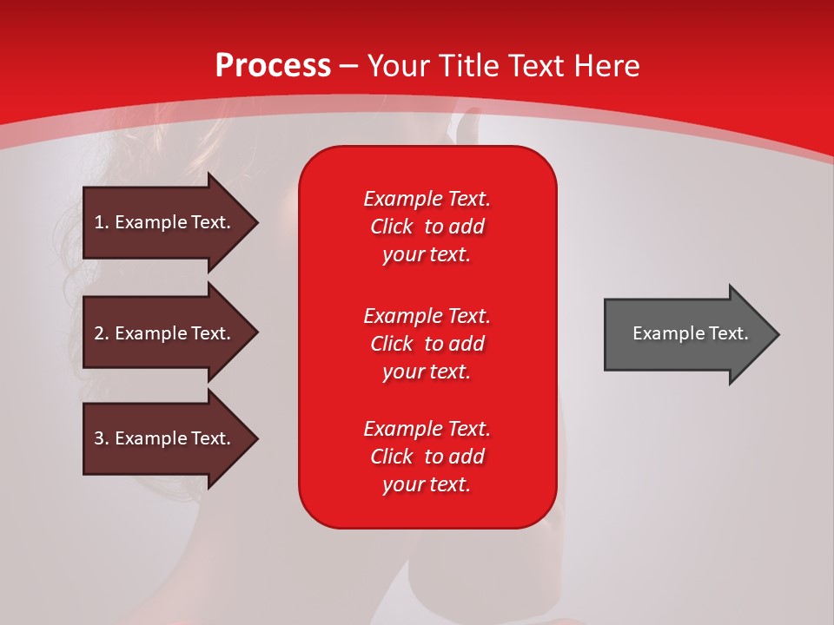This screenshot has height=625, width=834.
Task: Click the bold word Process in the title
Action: tap(273, 66)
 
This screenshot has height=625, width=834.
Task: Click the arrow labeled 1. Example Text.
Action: tap(165, 222)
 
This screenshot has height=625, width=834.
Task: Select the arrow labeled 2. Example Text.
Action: tap(165, 333)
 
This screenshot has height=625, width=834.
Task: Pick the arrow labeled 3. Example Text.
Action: tap(165, 438)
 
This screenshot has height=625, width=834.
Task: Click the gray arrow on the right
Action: tap(686, 334)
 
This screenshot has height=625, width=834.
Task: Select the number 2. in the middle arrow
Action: tap(102, 333)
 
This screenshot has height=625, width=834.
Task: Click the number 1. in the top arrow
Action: tap(102, 222)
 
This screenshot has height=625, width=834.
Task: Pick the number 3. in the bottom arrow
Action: tap(102, 438)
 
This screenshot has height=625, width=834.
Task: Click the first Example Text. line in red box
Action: tap(427, 199)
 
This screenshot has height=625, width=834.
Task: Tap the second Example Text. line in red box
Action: tap(427, 315)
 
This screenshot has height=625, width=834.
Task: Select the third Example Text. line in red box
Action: tap(427, 429)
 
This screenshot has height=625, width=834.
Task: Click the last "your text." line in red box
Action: tap(427, 484)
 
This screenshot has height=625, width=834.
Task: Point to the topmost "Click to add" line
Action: tap(427, 227)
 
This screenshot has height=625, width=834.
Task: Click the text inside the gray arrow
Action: tap(690, 333)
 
